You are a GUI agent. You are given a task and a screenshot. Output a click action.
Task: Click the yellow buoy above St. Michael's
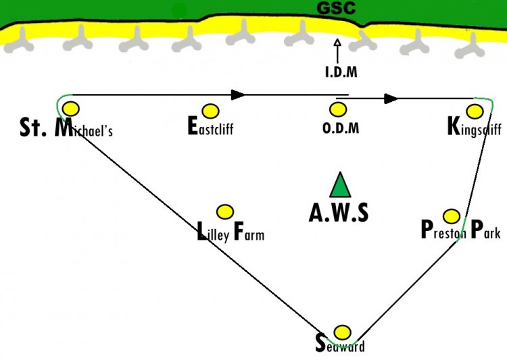pyautogui.click(x=71, y=109)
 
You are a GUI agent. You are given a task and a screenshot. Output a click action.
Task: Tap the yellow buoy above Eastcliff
pyautogui.click(x=210, y=111)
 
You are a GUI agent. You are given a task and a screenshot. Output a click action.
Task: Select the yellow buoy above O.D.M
pyautogui.click(x=338, y=109)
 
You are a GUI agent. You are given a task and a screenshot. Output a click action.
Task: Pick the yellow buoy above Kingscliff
pyautogui.click(x=475, y=111)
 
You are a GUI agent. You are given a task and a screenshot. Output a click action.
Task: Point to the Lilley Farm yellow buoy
pyautogui.click(x=224, y=212)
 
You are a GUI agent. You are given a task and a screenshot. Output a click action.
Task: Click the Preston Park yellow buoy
pyautogui.click(x=452, y=216)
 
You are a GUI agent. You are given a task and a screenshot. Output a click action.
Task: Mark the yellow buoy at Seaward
pyautogui.click(x=342, y=332)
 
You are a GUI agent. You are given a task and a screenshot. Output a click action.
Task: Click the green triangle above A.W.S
pyautogui.click(x=340, y=185)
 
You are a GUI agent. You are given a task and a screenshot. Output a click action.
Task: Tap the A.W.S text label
pyautogui.click(x=339, y=213)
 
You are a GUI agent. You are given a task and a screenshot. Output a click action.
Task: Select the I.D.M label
pyautogui.click(x=341, y=72)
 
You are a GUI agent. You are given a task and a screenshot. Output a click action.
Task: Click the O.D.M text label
pyautogui.click(x=341, y=128)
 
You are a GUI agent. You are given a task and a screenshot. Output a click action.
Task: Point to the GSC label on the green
pyautogui.click(x=336, y=8)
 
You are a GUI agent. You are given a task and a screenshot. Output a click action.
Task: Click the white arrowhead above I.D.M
pyautogui.click(x=337, y=43)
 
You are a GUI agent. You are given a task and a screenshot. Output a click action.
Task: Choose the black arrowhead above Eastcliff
pyautogui.click(x=238, y=95)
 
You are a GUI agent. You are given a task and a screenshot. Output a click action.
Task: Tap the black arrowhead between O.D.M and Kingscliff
pyautogui.click(x=391, y=99)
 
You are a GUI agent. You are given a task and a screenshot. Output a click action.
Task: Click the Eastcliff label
pyautogui.click(x=210, y=126)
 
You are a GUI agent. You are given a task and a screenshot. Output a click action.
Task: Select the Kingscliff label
pyautogui.click(x=475, y=128)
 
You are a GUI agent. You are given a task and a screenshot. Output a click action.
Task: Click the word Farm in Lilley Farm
pyautogui.click(x=249, y=232)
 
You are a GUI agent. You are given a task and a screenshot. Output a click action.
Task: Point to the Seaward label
pyautogui.click(x=340, y=344)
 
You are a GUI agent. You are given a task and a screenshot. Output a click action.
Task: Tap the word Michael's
pyautogui.click(x=83, y=128)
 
